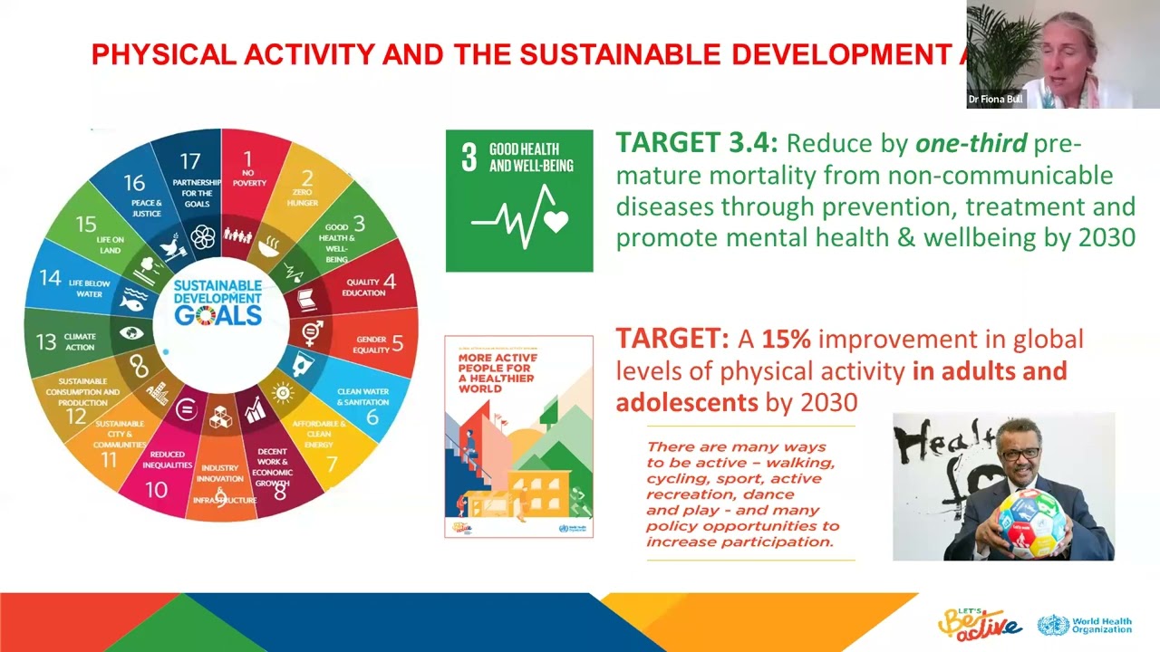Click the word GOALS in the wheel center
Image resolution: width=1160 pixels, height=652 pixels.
(x=217, y=315)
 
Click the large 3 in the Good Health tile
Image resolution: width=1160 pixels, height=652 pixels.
(x=469, y=157)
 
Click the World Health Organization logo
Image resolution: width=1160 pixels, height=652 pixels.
(x=1085, y=625)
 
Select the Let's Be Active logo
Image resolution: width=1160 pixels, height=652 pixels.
(x=979, y=623)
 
